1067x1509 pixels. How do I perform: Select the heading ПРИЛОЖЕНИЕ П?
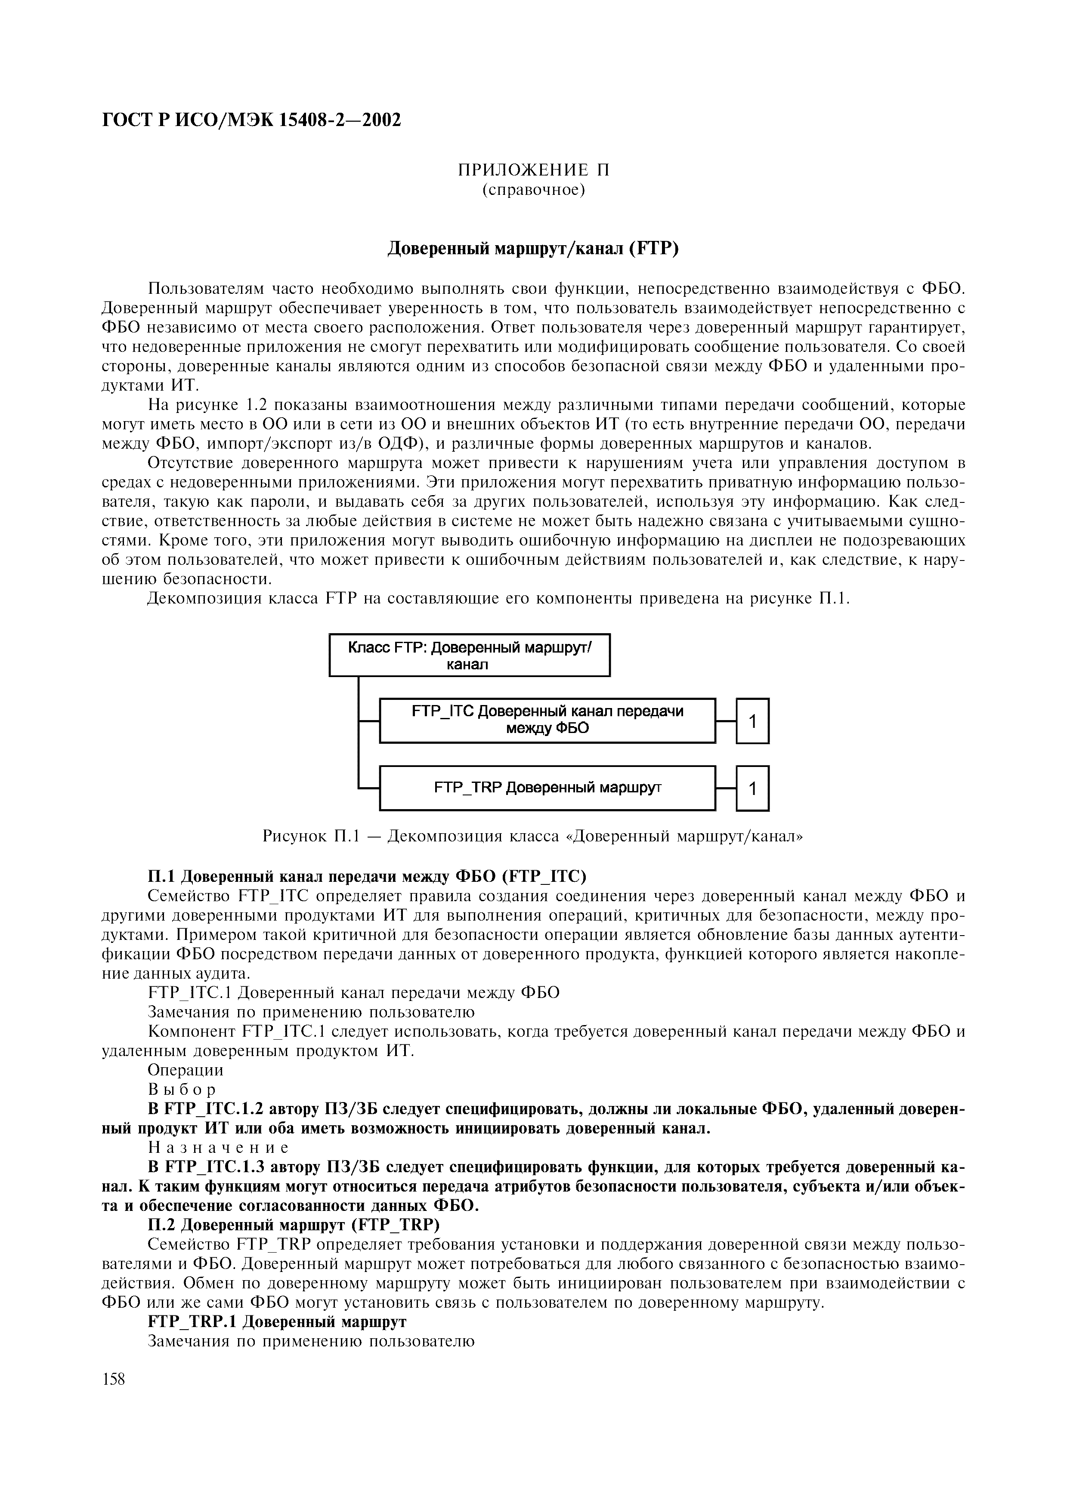coord(533,170)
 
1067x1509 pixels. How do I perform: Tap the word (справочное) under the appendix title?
coord(533,191)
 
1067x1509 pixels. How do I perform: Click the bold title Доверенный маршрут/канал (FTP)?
coord(533,249)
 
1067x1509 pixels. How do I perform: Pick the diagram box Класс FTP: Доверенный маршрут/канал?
coord(470,655)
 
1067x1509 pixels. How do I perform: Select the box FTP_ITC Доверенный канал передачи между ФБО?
coord(547,721)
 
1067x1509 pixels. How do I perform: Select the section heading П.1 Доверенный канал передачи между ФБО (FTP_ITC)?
coord(366,876)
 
